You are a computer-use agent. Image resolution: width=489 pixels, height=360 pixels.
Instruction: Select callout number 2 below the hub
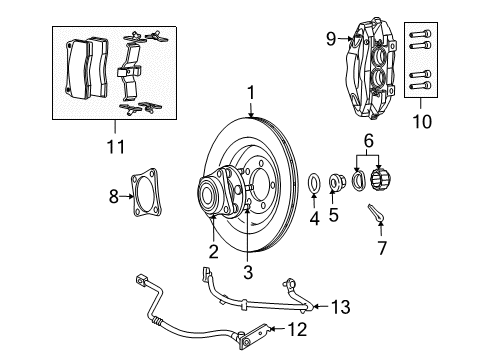coord(213,252)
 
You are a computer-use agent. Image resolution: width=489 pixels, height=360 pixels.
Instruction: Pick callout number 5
coord(335,213)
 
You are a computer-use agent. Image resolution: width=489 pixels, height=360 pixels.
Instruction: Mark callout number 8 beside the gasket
coord(112,198)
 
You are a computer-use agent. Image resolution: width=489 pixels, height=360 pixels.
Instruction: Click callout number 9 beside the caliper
coord(330,40)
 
